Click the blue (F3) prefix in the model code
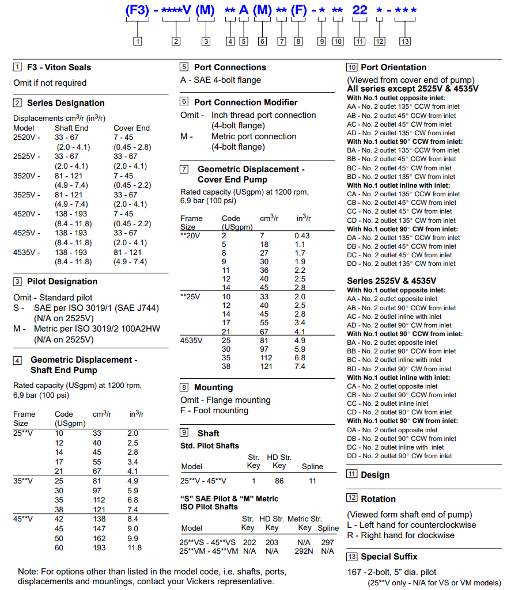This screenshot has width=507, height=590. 138,10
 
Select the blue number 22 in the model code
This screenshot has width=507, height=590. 360,10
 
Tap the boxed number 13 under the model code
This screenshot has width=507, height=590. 405,41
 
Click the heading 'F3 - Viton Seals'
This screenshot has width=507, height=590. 59,67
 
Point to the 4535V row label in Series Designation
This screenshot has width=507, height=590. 27,252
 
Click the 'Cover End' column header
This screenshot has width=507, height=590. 131,128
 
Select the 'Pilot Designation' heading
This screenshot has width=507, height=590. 62,281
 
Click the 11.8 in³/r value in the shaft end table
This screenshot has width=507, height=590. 134,547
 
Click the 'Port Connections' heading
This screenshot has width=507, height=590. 230,67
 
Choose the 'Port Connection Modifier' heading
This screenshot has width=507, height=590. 246,102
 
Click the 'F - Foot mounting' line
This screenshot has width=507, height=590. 214,410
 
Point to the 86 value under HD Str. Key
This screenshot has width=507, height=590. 279,481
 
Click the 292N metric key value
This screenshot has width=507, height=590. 304,551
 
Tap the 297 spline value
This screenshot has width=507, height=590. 327,542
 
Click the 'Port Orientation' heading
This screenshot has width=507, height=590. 394,67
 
